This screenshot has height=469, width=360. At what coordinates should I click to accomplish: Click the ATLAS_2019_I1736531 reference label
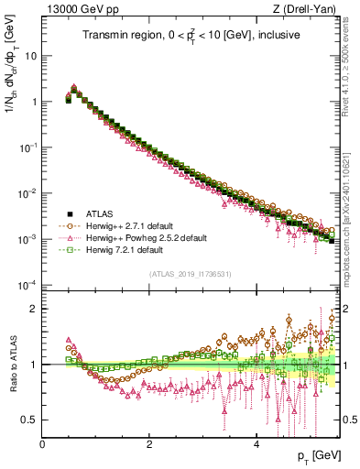[190, 274]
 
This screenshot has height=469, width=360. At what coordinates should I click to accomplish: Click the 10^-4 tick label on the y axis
[27, 285]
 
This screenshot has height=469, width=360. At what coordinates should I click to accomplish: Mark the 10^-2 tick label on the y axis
[27, 193]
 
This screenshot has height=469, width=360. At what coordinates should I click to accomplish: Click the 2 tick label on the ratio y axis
[34, 309]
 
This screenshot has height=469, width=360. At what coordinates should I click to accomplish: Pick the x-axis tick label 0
[42, 442]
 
